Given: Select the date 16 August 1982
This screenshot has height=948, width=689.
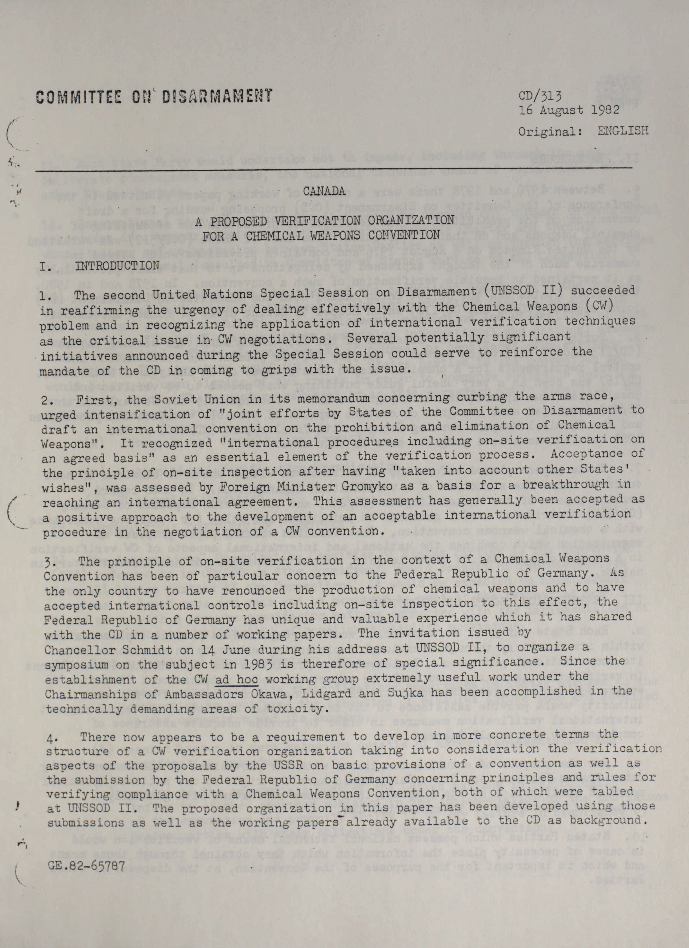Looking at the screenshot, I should pyautogui.click(x=569, y=111).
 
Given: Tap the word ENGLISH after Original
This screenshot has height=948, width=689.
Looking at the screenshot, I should pyautogui.click(x=623, y=130).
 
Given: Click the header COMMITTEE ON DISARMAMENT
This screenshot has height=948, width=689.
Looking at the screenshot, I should pyautogui.click(x=154, y=96).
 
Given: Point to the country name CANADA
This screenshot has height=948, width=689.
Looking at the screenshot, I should pyautogui.click(x=324, y=192).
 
